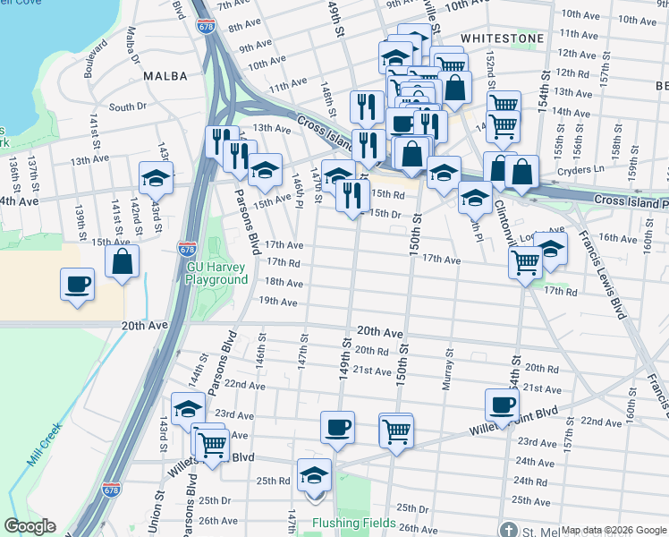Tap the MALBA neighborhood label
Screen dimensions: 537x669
[x=165, y=76]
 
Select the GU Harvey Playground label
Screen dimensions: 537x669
[x=216, y=273]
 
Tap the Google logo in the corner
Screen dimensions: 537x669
[x=30, y=526]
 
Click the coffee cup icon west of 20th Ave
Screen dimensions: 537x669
[x=77, y=285]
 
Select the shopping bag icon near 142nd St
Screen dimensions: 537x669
[x=123, y=261]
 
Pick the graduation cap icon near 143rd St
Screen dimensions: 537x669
[x=156, y=177]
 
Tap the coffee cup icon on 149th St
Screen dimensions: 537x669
[x=337, y=427]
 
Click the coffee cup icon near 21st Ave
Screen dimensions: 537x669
[x=503, y=405]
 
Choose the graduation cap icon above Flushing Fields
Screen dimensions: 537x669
[x=314, y=474]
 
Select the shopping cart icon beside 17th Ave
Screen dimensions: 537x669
[x=524, y=261]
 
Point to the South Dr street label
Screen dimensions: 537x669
[x=127, y=107]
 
